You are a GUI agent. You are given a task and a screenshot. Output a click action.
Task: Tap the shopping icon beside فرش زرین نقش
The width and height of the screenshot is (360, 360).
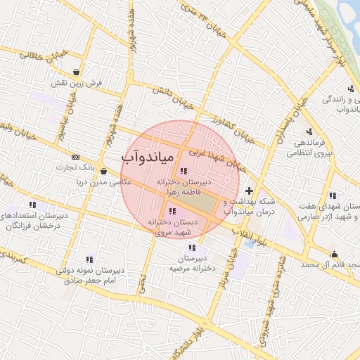[x=76, y=71]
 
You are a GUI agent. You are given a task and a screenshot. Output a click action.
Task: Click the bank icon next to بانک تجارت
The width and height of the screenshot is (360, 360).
[x=76, y=157]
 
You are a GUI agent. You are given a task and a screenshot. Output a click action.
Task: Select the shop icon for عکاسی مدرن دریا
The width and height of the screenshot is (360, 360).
[x=103, y=171]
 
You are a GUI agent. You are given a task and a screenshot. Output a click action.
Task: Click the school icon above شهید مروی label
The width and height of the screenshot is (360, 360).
[x=172, y=211]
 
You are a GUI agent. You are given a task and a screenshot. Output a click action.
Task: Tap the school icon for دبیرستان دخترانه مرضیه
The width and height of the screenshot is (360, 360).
[x=192, y=247]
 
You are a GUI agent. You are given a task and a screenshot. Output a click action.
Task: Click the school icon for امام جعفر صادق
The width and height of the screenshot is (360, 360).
[x=89, y=259]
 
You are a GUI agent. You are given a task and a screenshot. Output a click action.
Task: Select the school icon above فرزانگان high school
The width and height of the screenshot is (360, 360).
[x=31, y=205]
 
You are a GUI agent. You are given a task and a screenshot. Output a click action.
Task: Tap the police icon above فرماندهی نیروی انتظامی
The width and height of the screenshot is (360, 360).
[x=309, y=131]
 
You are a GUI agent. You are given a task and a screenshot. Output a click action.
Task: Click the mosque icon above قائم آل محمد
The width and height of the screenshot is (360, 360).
[x=333, y=254]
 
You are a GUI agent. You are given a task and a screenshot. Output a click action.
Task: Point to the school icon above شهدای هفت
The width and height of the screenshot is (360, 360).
[x=332, y=195]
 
